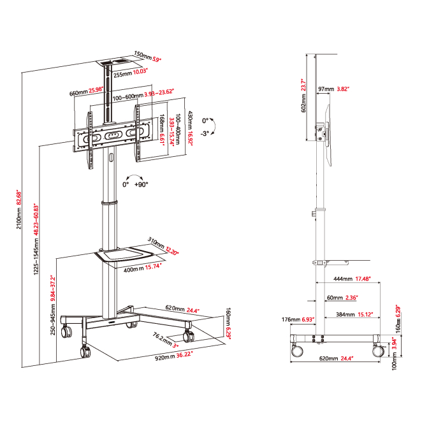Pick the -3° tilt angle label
[x=205, y=133]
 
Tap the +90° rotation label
[x=141, y=184]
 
